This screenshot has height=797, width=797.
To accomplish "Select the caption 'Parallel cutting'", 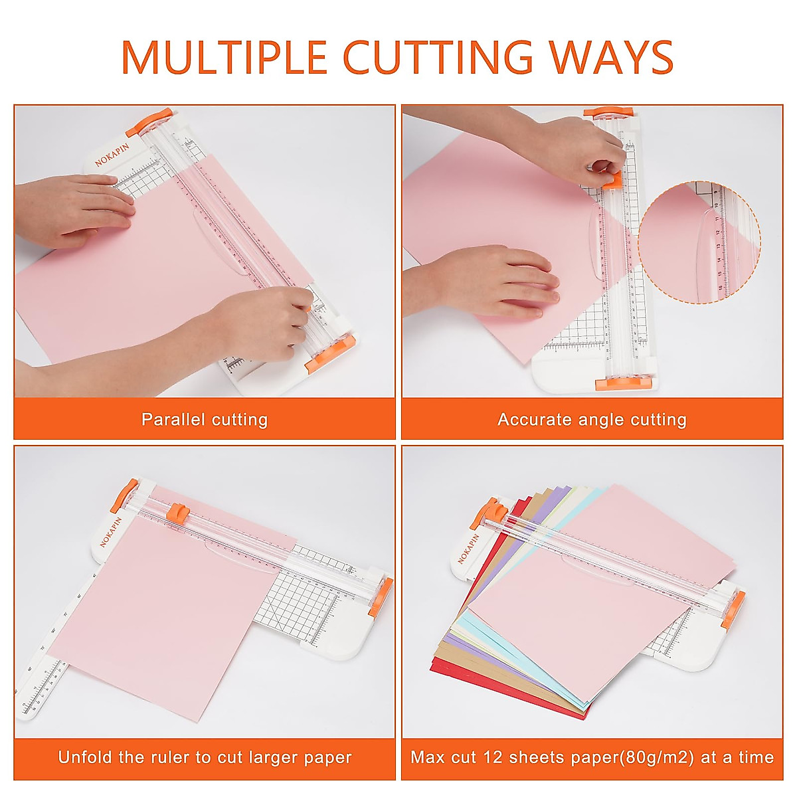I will (205, 420).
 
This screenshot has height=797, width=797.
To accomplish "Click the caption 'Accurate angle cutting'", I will (592, 420).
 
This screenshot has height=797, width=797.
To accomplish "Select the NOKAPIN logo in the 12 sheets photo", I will (468, 549).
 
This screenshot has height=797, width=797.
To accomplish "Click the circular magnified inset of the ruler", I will (699, 243).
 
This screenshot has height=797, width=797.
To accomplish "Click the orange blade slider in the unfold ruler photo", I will (177, 512).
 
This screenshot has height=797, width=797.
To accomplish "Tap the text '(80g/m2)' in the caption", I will (656, 757).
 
